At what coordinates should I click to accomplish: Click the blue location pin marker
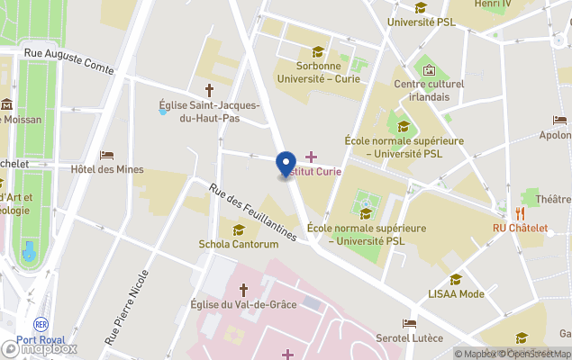[x=286, y=165]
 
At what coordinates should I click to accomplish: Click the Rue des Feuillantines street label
[x=252, y=212]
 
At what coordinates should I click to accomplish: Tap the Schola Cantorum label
[x=238, y=244]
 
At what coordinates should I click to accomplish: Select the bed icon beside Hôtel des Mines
[x=106, y=155]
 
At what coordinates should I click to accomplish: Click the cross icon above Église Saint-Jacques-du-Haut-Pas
[x=210, y=90]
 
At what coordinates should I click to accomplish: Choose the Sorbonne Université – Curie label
[x=316, y=72]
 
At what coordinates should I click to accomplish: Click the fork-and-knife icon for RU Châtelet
[x=520, y=212]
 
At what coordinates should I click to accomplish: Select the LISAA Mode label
[x=455, y=293]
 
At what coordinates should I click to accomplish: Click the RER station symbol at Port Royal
[x=41, y=324]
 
